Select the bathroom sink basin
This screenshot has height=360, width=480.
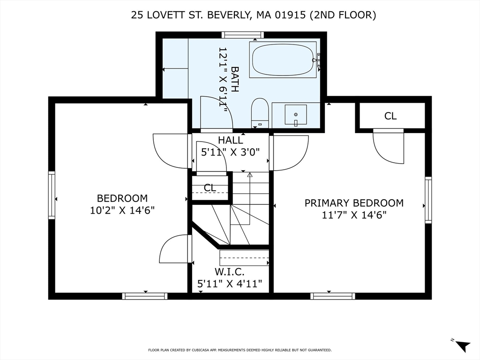[296, 114]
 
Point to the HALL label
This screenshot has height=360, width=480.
[230, 140]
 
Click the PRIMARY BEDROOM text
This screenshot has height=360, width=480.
[354, 203]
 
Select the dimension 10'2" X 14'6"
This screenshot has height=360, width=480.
[122, 210]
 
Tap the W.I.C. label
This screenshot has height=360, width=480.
[230, 272]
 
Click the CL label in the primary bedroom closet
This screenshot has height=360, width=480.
[390, 116]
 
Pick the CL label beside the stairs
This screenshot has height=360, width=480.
[210, 188]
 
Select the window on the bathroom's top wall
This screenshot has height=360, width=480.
[242, 35]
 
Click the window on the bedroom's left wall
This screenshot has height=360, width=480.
[52, 195]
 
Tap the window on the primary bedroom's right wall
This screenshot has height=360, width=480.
[428, 200]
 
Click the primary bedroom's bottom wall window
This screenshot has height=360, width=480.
[332, 296]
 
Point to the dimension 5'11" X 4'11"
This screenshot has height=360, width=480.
[230, 284]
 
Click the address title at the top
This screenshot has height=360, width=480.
[254, 15]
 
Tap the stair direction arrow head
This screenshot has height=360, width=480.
[250, 175]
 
